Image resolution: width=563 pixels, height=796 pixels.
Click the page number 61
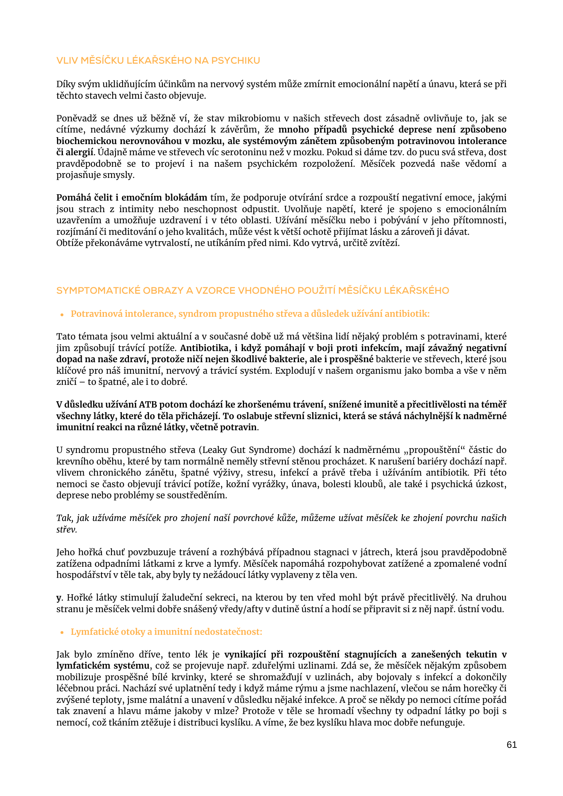[x=512, y=745]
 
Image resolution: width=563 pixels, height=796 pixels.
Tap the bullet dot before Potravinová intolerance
[x=62, y=315]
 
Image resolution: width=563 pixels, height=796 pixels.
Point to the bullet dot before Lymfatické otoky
[x=62, y=632]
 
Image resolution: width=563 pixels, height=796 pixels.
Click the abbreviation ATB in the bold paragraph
[x=149, y=404]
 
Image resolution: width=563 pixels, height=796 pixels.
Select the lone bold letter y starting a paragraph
[x=59, y=598]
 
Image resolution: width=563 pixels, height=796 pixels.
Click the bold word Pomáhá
[x=72, y=197]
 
